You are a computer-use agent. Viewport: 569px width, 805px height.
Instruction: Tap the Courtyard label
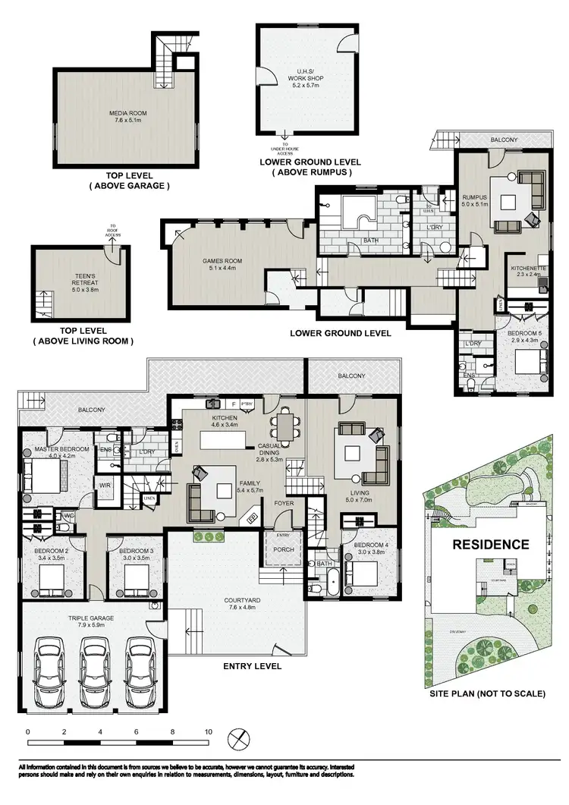[x=244, y=604]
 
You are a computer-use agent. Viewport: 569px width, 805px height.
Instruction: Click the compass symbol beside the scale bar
[x=239, y=737]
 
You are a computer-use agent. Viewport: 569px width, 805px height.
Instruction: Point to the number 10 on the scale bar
[x=208, y=731]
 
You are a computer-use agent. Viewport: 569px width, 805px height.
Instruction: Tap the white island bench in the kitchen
[x=225, y=441]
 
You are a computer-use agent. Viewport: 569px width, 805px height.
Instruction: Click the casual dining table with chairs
[x=284, y=422]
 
